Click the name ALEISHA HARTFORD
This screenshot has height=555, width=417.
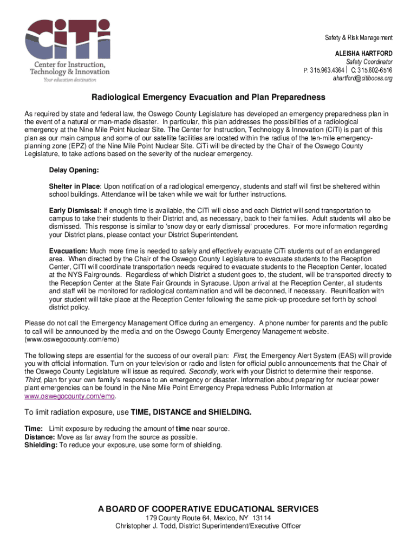364,54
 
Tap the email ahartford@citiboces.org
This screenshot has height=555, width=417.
362,78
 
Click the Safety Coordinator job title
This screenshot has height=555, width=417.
369,62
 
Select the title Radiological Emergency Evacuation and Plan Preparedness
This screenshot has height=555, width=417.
208,98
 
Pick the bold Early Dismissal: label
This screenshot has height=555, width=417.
75,210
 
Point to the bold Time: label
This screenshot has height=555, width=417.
34,429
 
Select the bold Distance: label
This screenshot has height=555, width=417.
40,437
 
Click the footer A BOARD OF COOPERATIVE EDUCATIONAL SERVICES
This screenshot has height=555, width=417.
208,509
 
